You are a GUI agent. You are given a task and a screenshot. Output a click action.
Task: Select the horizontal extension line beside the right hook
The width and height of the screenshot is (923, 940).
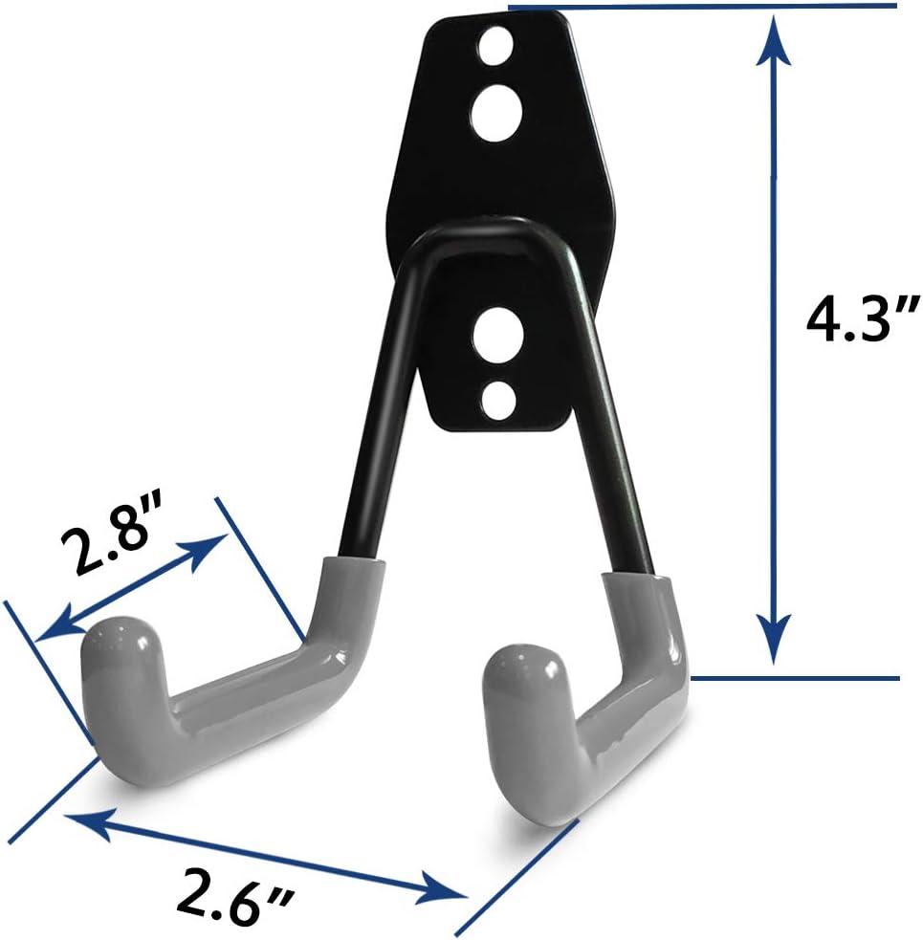794,678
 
